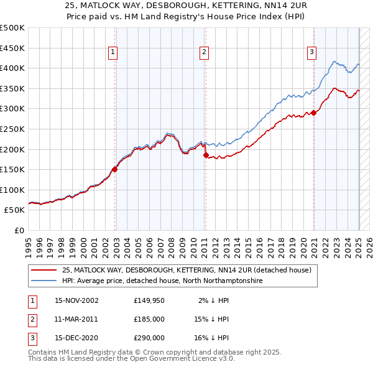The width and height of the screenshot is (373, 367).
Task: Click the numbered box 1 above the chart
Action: [x=113, y=53]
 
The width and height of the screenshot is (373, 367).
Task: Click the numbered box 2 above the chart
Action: [x=204, y=53]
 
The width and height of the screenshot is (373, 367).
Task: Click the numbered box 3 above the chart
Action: [x=311, y=53]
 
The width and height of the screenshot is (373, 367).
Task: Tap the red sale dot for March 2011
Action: [x=206, y=156]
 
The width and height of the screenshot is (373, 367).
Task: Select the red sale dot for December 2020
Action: [x=314, y=113]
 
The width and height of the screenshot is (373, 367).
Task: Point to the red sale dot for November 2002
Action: [x=115, y=169]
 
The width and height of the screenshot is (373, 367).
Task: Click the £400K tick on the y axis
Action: [x=13, y=68]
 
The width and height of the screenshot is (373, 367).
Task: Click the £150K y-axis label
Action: [x=13, y=169]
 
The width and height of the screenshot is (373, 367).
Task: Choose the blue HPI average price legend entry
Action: [x=162, y=281]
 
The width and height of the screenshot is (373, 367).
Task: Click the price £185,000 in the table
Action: [x=149, y=319]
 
